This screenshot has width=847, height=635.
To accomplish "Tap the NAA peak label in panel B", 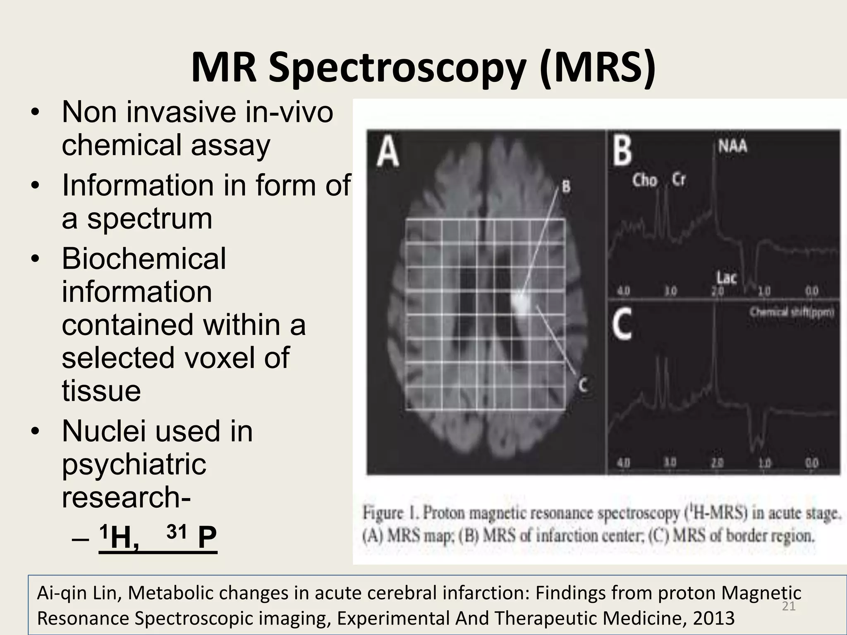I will (x=732, y=146).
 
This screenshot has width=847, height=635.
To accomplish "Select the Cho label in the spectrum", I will (x=644, y=180).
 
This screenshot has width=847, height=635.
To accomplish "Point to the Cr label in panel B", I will (x=679, y=179).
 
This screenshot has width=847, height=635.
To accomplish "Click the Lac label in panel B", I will (x=727, y=277).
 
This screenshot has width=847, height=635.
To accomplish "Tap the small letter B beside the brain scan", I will (x=566, y=186).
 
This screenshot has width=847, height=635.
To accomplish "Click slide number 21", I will (x=789, y=606).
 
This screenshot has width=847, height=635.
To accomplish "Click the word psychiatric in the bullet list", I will (x=134, y=464).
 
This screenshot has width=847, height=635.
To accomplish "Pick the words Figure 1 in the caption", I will (x=390, y=513).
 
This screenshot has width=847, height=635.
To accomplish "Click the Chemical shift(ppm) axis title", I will (x=792, y=312).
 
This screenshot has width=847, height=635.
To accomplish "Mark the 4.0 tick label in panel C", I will (x=623, y=462).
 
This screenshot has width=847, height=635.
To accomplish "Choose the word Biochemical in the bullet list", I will (x=144, y=259).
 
